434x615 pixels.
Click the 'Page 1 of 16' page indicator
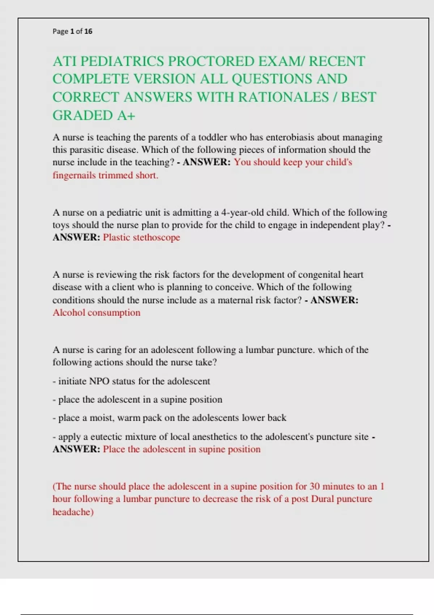[x=72, y=31]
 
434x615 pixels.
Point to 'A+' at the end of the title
[x=126, y=116]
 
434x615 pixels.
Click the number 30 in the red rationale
[x=315, y=487]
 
